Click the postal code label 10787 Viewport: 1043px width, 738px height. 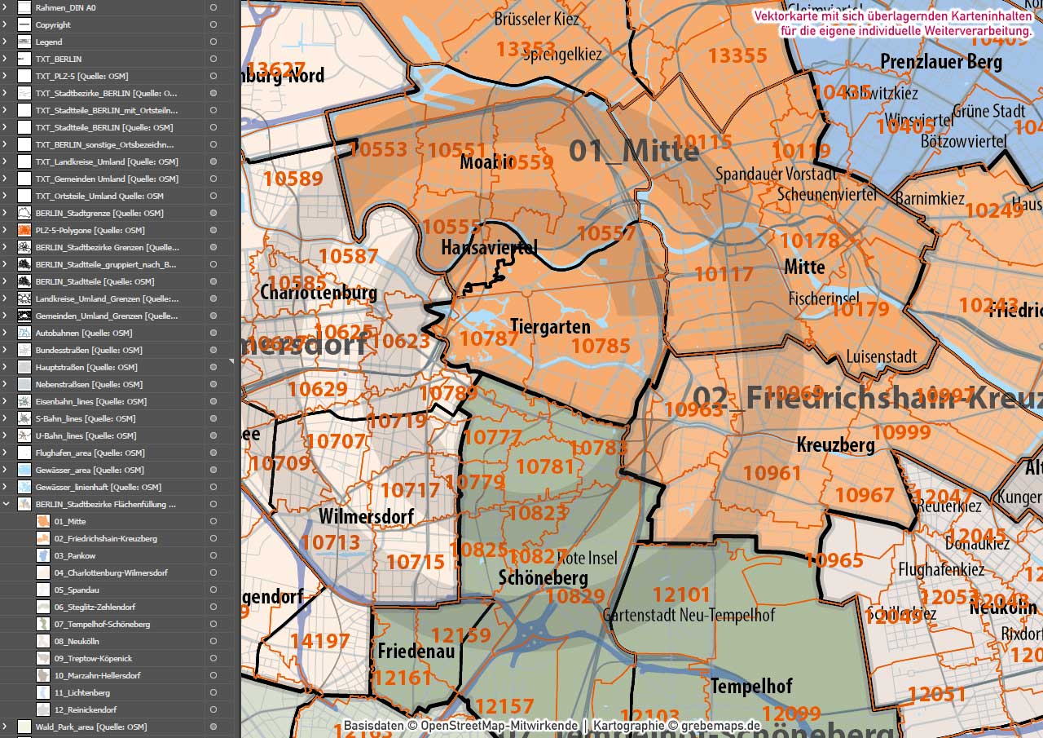click(489, 338)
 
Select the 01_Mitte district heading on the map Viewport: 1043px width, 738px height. click(633, 151)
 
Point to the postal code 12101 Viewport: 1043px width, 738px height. click(681, 594)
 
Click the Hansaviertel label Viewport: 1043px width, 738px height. click(489, 246)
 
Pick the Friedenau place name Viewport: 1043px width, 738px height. click(416, 652)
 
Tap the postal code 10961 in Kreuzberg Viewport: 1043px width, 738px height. click(772, 472)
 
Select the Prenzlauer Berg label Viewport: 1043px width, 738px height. click(940, 62)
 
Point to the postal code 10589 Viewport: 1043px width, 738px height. click(293, 179)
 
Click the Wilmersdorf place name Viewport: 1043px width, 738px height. click(366, 516)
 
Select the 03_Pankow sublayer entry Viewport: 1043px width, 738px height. click(75, 555)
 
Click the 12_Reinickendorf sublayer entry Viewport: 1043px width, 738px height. click(86, 709)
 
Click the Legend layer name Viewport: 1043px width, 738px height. click(49, 42)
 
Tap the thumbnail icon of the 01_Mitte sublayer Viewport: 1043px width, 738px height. click(43, 521)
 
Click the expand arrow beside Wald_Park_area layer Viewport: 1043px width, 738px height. click(6, 727)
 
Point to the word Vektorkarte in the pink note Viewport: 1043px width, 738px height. click(784, 16)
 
